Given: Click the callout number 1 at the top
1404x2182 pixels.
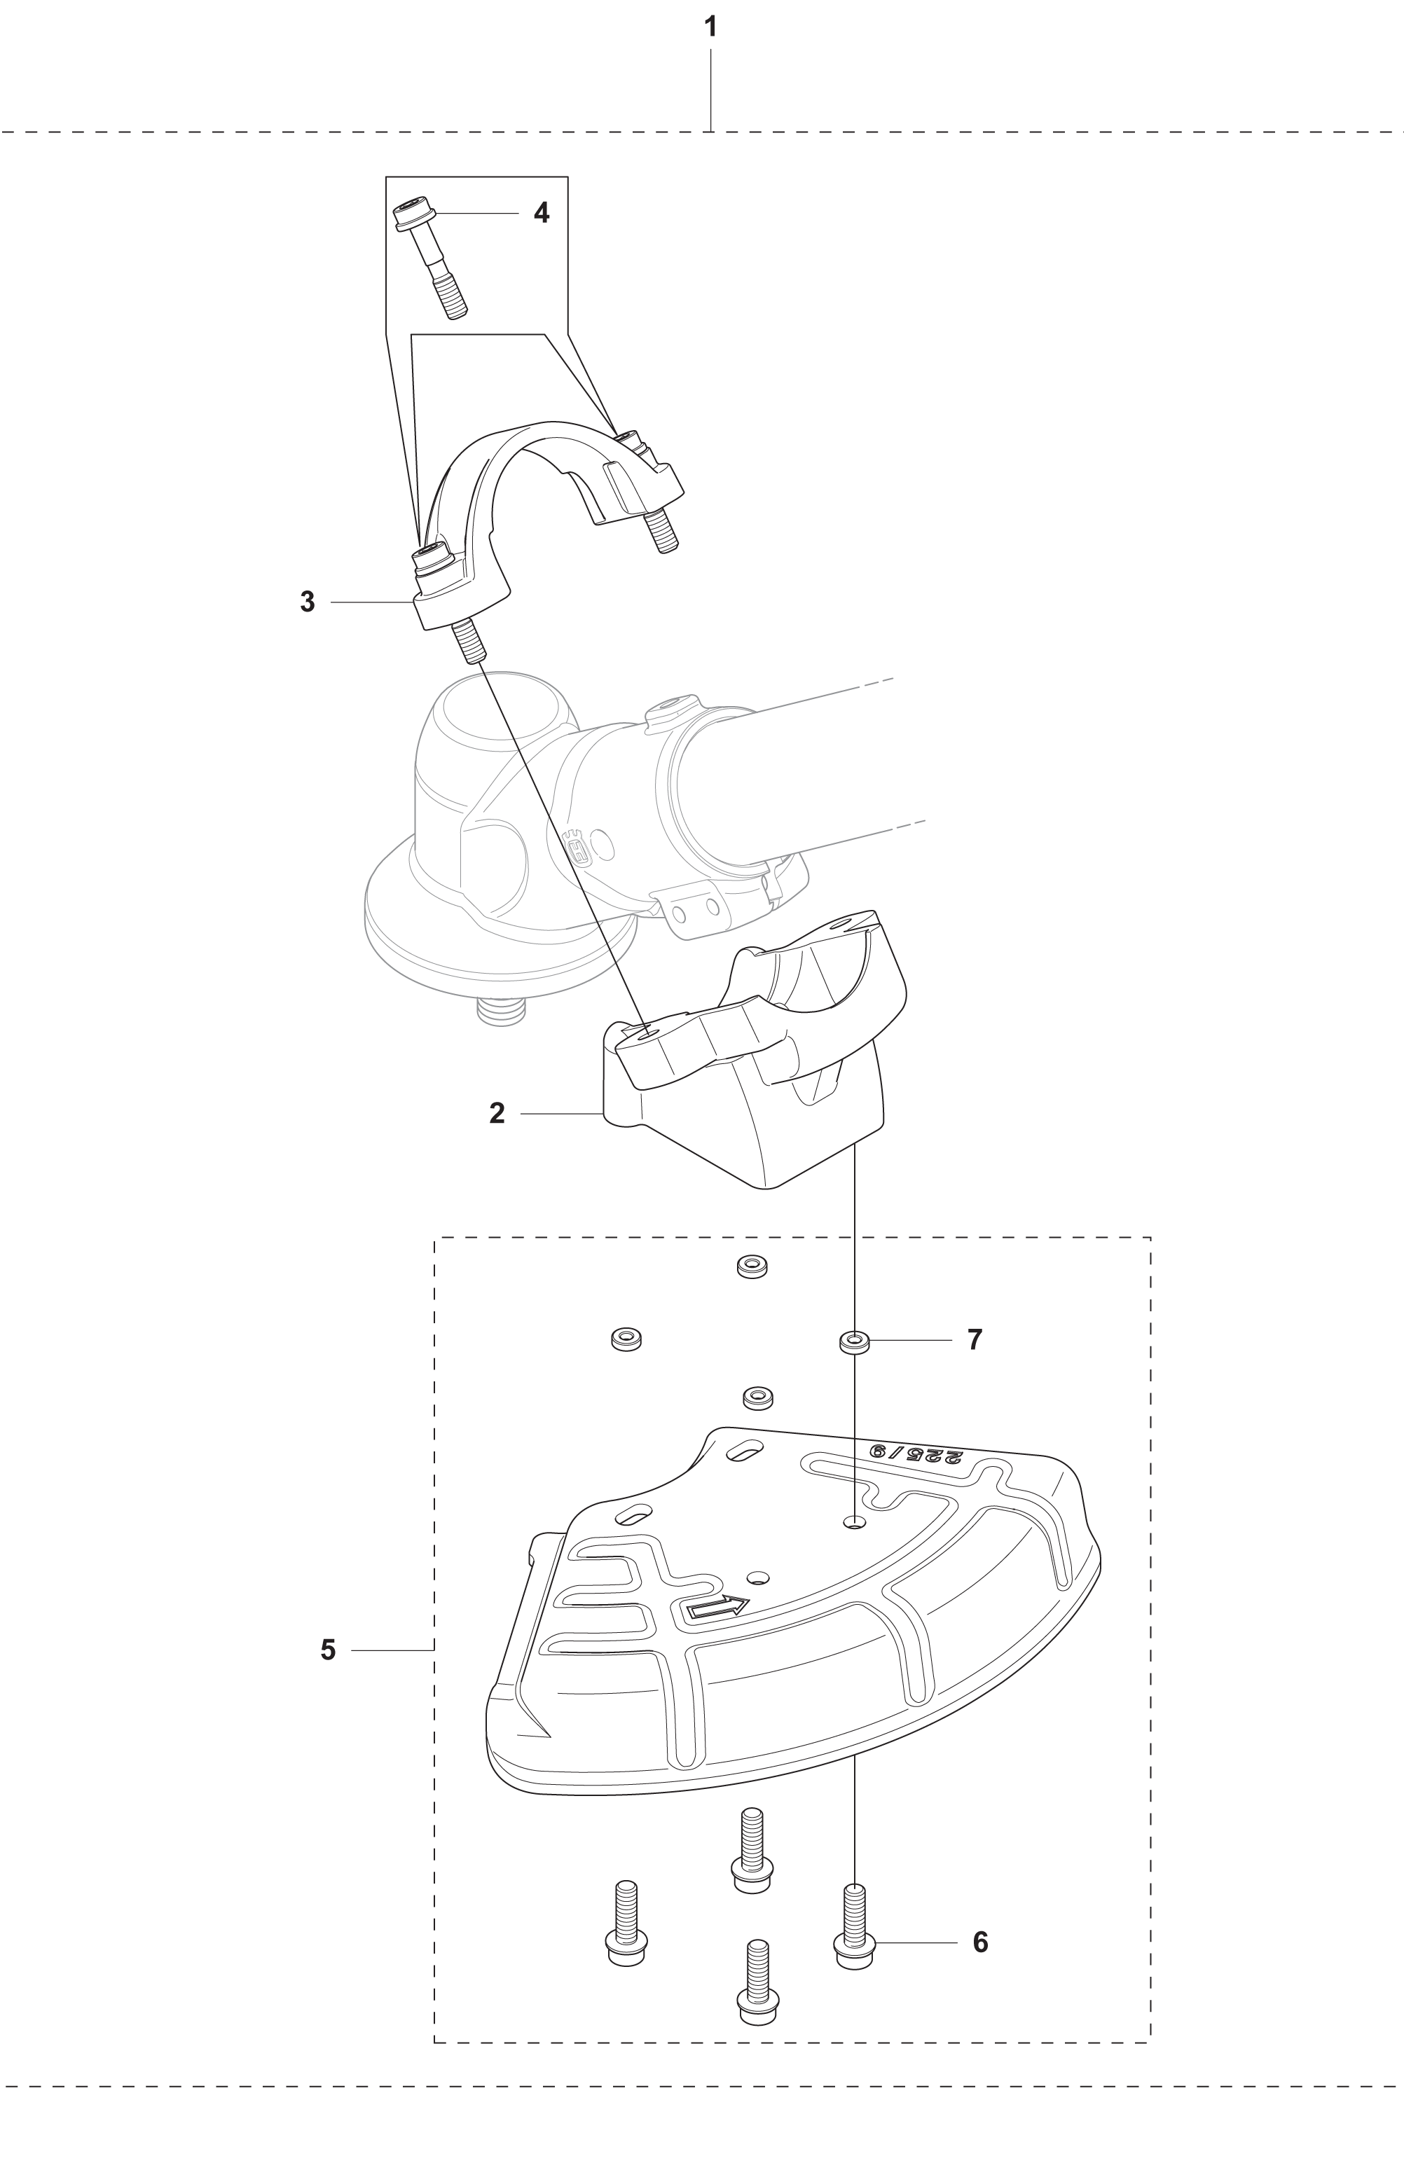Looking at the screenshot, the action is point(711,27).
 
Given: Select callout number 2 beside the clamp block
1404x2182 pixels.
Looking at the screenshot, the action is point(497,1113).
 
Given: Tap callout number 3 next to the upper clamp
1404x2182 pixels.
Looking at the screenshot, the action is point(308,602).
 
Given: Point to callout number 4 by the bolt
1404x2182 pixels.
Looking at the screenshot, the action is point(542,213).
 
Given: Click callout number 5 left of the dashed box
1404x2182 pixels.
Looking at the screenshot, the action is point(328,1650).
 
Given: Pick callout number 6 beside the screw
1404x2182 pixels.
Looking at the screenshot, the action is point(980,1942).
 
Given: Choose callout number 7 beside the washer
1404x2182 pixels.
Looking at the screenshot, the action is point(975,1340).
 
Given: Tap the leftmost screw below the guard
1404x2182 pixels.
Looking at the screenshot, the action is point(626,1924).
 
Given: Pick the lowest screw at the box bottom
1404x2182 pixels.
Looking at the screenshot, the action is point(757,1982).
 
